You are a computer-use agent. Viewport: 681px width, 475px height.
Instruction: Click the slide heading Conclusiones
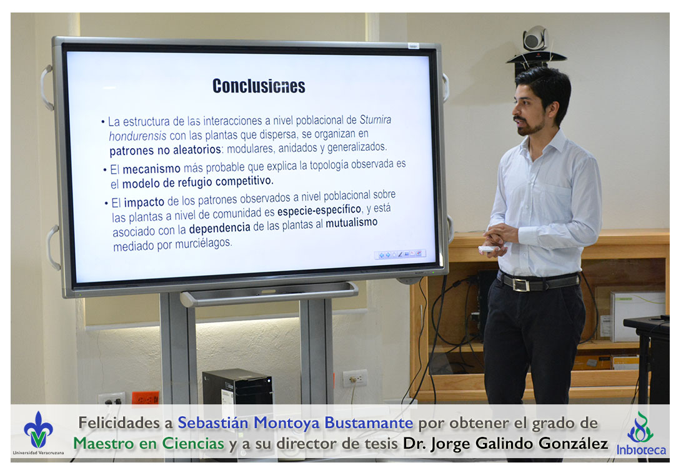(259, 86)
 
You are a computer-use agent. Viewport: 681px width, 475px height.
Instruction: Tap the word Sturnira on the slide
(375, 119)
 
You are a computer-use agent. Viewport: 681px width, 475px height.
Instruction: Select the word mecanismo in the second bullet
(151, 169)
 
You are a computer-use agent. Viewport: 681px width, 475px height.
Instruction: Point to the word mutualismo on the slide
(351, 223)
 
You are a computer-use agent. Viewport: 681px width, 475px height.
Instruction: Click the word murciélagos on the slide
(203, 243)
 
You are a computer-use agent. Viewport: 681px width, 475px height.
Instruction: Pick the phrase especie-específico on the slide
(319, 211)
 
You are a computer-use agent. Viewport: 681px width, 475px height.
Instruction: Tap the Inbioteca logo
(641, 434)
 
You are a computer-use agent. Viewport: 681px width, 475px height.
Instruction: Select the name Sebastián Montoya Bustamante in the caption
(296, 422)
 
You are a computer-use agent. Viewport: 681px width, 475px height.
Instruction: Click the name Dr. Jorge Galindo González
(505, 443)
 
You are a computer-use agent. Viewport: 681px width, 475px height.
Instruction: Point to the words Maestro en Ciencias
(149, 443)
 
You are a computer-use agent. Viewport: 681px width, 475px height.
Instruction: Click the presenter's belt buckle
(520, 284)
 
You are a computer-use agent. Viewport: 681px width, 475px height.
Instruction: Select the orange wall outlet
(146, 398)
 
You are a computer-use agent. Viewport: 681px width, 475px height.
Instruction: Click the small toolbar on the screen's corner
(400, 254)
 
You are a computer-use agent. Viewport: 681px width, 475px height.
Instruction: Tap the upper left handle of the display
(46, 87)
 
